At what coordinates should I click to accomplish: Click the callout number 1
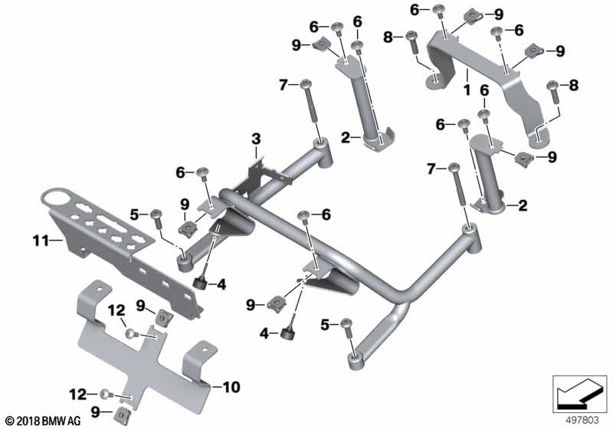(x=467, y=90)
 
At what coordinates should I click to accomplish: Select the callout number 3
(x=256, y=139)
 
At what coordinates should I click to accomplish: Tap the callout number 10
(x=231, y=387)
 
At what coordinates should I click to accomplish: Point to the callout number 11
(x=41, y=241)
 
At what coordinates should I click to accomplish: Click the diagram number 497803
(x=582, y=420)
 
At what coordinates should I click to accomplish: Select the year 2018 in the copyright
(x=28, y=421)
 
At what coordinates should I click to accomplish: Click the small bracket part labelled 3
(x=263, y=175)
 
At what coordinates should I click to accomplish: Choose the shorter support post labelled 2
(x=487, y=172)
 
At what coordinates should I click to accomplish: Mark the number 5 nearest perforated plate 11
(x=135, y=214)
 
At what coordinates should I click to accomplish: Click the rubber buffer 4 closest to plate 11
(x=201, y=283)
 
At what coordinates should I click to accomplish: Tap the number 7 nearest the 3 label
(x=284, y=85)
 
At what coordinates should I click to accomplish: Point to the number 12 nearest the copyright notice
(x=78, y=395)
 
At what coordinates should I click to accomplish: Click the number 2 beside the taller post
(x=346, y=138)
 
